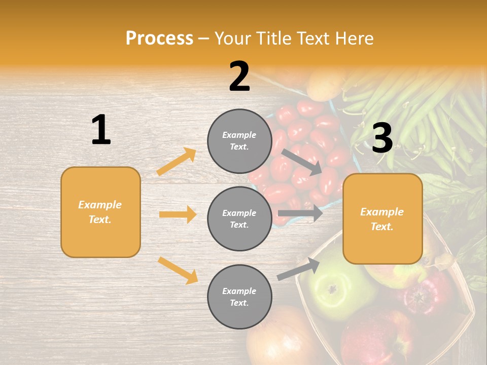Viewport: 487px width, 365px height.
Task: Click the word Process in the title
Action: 159,39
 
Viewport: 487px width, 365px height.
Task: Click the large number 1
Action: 101,130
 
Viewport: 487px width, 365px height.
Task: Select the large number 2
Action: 239,77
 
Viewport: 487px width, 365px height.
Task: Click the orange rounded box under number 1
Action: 100,212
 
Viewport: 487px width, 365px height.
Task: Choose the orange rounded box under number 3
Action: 382,218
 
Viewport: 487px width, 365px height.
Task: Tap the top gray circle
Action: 239,141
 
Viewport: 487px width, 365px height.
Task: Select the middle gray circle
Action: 239,218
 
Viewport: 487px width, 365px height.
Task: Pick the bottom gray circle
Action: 239,297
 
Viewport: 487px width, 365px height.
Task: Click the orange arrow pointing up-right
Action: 176,162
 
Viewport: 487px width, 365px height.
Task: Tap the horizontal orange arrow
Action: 178,214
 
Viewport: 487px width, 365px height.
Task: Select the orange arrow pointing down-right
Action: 178,270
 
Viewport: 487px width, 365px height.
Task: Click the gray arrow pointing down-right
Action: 301,162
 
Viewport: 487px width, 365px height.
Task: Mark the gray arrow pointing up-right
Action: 299,269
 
